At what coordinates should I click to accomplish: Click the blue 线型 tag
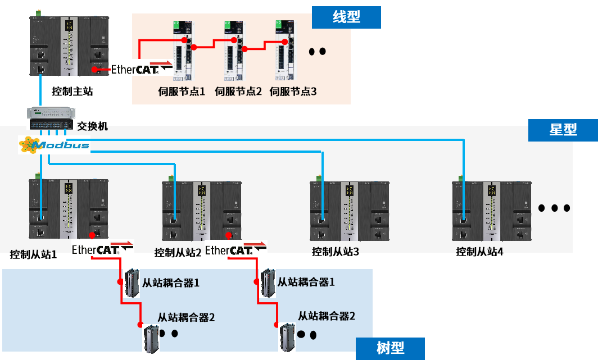(x=346, y=17)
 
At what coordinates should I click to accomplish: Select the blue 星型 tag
(x=563, y=130)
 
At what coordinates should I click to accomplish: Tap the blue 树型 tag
(x=390, y=348)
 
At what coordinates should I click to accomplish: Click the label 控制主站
(x=72, y=91)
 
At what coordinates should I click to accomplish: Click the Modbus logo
(x=53, y=145)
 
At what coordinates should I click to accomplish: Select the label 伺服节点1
(x=182, y=91)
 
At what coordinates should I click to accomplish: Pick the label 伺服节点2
(x=238, y=91)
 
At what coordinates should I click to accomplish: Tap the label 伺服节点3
(x=293, y=91)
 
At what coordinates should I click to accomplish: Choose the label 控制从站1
(x=33, y=254)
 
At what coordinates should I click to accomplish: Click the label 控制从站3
(x=335, y=252)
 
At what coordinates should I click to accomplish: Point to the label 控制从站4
(x=479, y=252)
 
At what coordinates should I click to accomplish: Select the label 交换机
(x=92, y=126)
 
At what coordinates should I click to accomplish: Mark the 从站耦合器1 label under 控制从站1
(x=171, y=282)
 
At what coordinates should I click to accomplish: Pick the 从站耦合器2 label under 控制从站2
(x=327, y=316)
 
